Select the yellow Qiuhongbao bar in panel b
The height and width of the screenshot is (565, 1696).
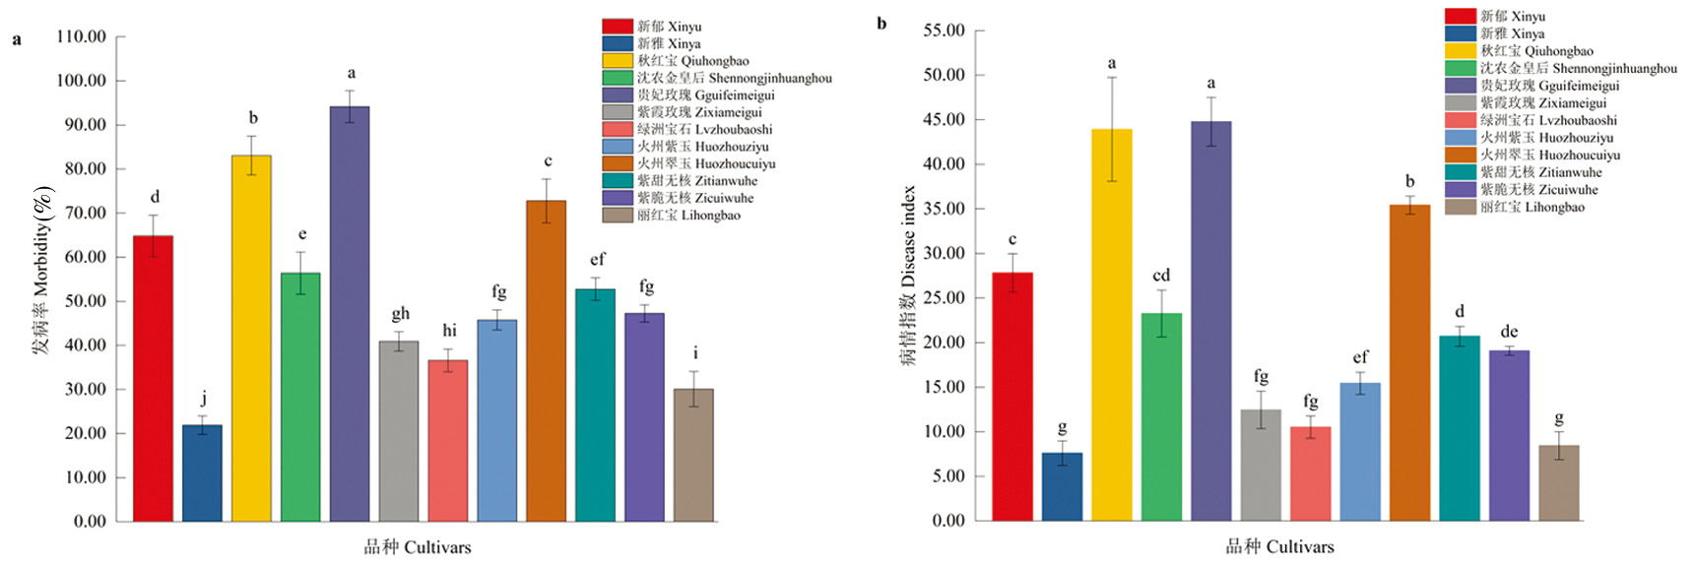[x=1111, y=325]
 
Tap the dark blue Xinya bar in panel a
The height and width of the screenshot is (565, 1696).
[x=202, y=473]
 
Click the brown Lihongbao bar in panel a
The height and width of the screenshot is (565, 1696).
[x=693, y=455]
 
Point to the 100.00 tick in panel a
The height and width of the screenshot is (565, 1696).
[x=82, y=81]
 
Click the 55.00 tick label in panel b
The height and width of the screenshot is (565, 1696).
[x=944, y=31]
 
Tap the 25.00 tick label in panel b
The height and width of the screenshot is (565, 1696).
[x=944, y=298]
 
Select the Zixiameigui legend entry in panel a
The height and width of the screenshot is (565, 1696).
[x=699, y=112]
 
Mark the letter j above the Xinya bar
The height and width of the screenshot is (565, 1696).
[x=204, y=399]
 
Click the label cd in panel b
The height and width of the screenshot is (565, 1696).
[x=1161, y=276]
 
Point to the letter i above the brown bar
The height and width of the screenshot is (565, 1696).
[x=695, y=353]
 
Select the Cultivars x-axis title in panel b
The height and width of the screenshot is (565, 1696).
[x=1279, y=547]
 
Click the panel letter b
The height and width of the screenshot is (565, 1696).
[x=881, y=24]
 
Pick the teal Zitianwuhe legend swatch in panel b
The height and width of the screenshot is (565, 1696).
[x=1460, y=172]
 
